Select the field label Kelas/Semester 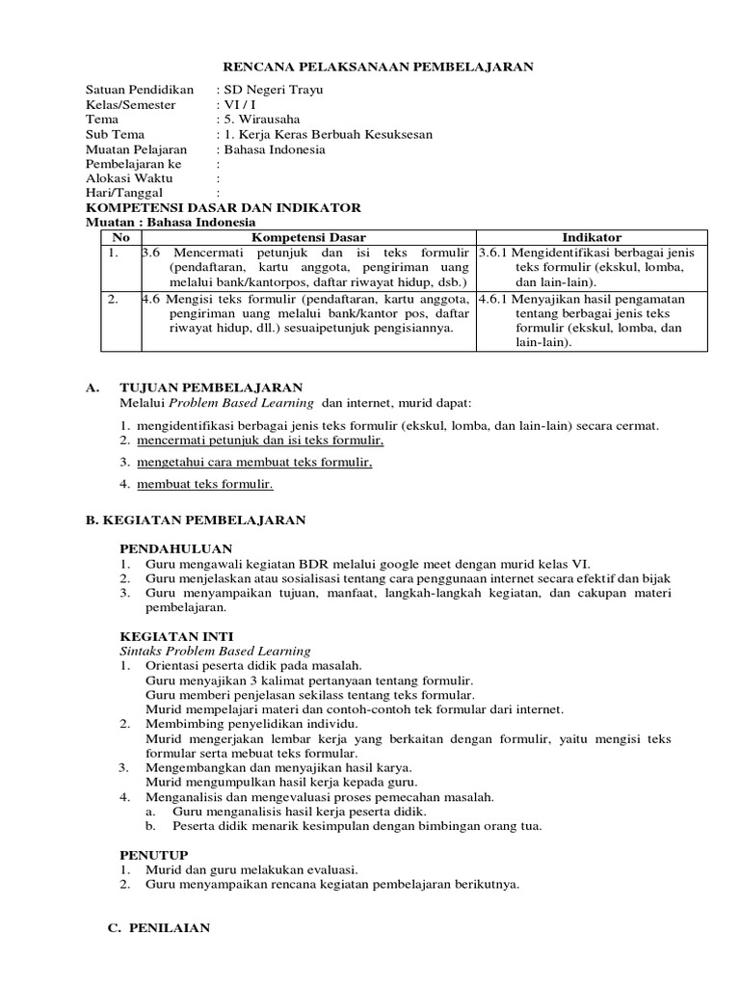click(130, 104)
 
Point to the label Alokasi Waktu click(126, 178)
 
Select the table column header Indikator click(592, 237)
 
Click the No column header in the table click(120, 237)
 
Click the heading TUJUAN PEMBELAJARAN click(211, 387)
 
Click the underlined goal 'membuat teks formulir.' click(204, 484)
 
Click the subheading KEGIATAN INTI click(168, 636)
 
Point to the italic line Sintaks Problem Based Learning click(215, 651)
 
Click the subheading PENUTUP click(153, 854)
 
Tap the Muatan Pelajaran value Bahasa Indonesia click(275, 149)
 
